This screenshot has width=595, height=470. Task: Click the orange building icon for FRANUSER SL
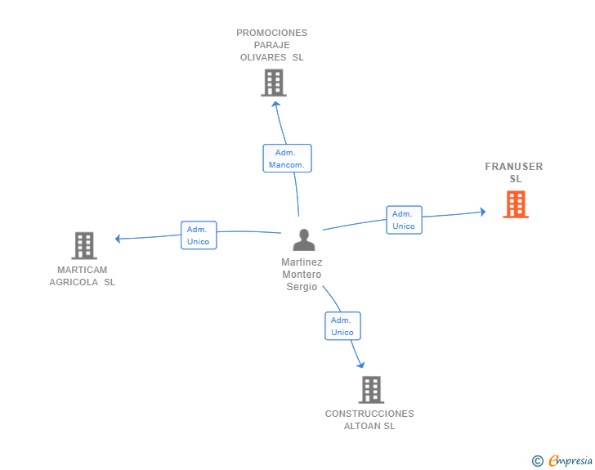tap(516, 204)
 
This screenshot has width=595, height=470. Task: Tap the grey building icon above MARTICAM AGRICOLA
tap(84, 246)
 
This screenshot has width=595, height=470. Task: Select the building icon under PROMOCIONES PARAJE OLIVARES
tap(274, 83)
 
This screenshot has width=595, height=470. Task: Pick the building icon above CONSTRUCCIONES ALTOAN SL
tap(371, 390)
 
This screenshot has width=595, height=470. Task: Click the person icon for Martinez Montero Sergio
tap(304, 240)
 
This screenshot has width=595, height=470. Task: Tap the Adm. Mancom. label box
tap(287, 159)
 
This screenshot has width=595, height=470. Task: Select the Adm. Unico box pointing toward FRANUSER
tap(404, 220)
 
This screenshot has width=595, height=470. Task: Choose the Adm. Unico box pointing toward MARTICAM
tap(199, 235)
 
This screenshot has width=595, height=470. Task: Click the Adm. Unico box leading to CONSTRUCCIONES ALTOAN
tap(342, 326)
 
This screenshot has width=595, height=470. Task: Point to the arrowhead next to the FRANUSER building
tap(483, 212)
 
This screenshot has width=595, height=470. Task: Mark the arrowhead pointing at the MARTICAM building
tap(118, 239)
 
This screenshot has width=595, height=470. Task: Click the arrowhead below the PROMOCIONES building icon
tap(276, 104)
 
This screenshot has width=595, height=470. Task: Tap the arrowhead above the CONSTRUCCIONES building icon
tap(361, 365)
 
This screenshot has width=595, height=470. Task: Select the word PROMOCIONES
tap(271, 33)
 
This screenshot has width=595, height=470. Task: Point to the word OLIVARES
tap(263, 57)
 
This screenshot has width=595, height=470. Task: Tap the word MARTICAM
tap(82, 270)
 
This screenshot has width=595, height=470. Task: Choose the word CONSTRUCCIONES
tap(369, 414)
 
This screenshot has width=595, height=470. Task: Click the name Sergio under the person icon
tap(302, 287)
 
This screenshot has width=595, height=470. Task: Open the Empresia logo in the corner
tap(562, 460)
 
